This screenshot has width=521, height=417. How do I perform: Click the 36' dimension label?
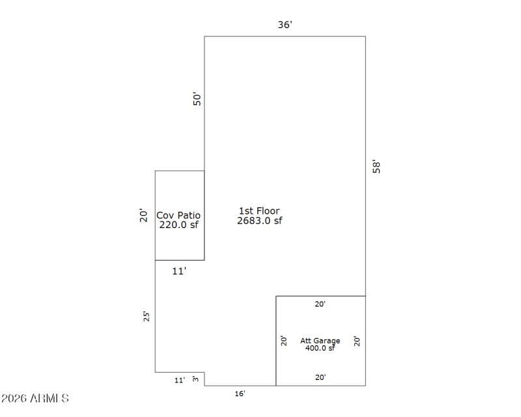tap(285, 25)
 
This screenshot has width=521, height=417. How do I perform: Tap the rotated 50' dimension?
tap(198, 98)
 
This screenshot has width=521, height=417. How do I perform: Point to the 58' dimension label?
tap(375, 166)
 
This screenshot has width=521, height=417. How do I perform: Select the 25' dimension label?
tap(147, 316)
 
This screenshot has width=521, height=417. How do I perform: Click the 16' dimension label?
tap(240, 394)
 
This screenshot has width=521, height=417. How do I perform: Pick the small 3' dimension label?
tap(195, 379)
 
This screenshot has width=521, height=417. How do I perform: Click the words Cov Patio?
tap(178, 215)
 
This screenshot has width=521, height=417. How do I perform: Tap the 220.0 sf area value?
tap(178, 225)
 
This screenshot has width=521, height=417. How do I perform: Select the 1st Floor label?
tap(259, 210)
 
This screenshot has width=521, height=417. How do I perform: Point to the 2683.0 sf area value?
tap(259, 220)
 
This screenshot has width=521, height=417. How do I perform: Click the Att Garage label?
tap(320, 341)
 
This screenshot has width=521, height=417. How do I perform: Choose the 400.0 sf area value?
tap(320, 348)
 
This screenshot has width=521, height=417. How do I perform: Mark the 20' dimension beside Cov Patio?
tap(144, 215)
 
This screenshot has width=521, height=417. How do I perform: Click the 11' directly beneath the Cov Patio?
tap(179, 271)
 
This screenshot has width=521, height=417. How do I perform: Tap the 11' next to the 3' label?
tap(179, 380)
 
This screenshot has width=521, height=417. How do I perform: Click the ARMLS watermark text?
tap(35, 398)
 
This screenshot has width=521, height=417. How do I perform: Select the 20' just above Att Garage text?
tap(320, 304)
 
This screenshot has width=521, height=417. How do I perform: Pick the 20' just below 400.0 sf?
tap(320, 377)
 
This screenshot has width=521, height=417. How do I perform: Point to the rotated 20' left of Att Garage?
tap(283, 341)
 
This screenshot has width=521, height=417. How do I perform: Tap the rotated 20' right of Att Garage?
tap(356, 341)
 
